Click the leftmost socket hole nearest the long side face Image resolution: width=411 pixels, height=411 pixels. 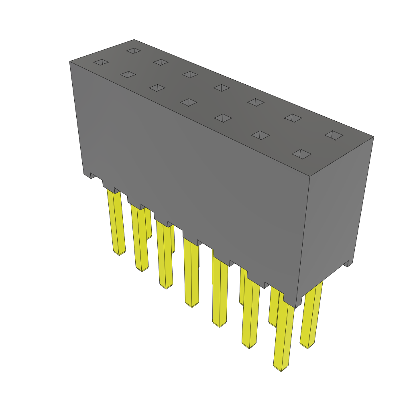click(x=101, y=62)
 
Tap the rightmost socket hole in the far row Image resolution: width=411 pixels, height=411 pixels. click(x=334, y=135)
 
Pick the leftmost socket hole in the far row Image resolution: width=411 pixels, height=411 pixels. click(x=133, y=51)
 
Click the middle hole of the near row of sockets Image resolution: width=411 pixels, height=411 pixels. click(x=189, y=102)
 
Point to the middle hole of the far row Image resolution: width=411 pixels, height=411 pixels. click(x=222, y=87)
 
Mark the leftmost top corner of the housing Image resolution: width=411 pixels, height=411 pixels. click(x=70, y=61)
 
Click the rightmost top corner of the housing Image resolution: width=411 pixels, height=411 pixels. click(x=373, y=137)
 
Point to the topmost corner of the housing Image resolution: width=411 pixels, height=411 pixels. click(x=134, y=40)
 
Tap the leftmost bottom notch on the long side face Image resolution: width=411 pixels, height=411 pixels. click(x=93, y=175)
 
